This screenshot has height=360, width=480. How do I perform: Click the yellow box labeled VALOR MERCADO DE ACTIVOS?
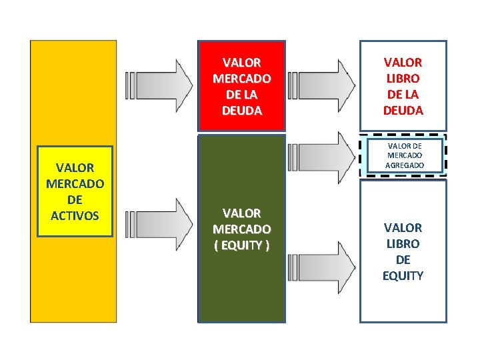point(75,191)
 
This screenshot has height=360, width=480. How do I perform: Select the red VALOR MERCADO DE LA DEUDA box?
point(241,86)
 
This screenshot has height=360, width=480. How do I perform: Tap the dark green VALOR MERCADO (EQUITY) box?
point(241,229)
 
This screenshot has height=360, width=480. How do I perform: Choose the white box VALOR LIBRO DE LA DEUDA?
point(403,86)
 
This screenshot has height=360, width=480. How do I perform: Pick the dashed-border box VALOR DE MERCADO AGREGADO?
point(403,156)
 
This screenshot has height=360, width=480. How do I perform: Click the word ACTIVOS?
point(75,215)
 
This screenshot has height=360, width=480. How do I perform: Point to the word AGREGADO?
point(403,165)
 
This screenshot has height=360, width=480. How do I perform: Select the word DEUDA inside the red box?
point(241,110)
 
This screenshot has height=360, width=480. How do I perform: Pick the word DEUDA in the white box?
point(403,110)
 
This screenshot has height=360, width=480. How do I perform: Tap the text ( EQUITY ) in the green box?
point(241,245)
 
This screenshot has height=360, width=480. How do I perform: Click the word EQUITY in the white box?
point(403,275)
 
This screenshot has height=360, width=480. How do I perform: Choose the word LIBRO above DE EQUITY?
point(403,243)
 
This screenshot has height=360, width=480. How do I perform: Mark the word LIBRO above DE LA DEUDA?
point(403,78)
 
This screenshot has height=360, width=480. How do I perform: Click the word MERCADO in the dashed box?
point(403,155)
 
